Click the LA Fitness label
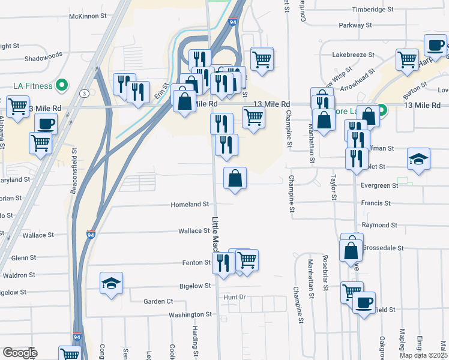(x=33, y=86)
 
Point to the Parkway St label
(x=355, y=25)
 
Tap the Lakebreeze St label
(x=354, y=54)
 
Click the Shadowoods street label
(x=43, y=59)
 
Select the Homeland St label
(x=190, y=205)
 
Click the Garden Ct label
(x=158, y=301)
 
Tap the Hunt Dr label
(x=235, y=297)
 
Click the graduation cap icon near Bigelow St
(x=112, y=283)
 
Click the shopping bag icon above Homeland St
(x=235, y=178)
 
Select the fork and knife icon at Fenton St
(x=223, y=262)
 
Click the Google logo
(x=20, y=353)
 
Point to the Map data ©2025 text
(x=423, y=355)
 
